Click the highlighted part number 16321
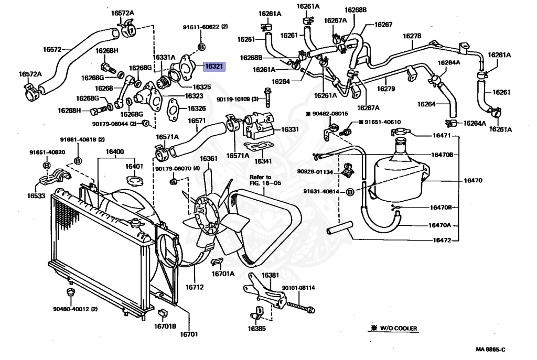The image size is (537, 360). click(214, 67)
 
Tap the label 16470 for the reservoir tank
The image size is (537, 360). click(472, 181)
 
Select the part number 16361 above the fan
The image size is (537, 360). click(209, 159)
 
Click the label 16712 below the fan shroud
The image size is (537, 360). click(195, 287)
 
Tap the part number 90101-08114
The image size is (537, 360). click(298, 288)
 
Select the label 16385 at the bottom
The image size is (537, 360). click(257, 329)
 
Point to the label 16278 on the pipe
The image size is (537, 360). click(412, 36)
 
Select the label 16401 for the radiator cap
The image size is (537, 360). click(134, 166)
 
